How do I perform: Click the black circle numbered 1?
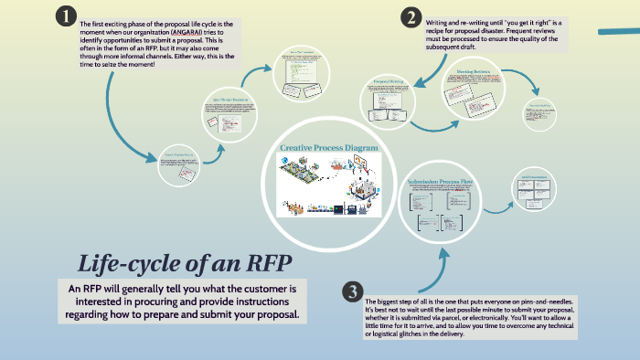tap(65, 16)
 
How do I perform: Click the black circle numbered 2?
tap(411, 17)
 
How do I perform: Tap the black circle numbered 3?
tap(352, 291)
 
